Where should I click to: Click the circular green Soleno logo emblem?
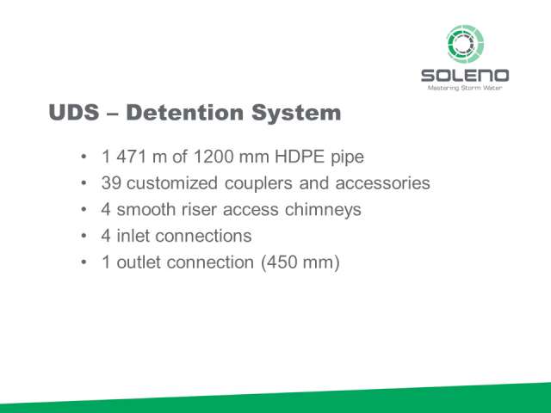[x=465, y=44]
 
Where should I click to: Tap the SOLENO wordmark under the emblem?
[x=465, y=76]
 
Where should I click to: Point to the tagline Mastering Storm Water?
[x=465, y=88]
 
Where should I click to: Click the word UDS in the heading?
[x=74, y=113]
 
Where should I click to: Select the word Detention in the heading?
[x=184, y=113]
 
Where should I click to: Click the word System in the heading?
[x=296, y=114]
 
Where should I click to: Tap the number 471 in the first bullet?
[x=132, y=157]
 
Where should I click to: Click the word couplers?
[x=258, y=183]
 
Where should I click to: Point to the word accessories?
[x=382, y=183]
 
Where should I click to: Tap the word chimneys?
[x=323, y=210]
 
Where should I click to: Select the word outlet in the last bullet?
[x=139, y=262]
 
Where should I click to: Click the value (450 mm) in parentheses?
[x=300, y=262]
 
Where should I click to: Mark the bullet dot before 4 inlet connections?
[x=84, y=236]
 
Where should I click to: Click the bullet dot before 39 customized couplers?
[x=84, y=183]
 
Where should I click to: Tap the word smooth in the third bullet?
[x=145, y=209]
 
